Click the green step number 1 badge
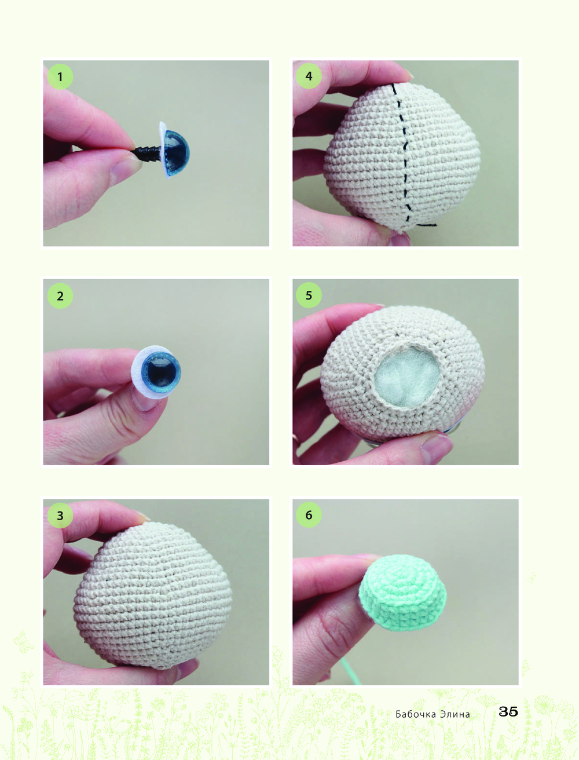tap(60, 76)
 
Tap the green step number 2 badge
tap(60, 295)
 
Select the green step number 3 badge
tap(60, 515)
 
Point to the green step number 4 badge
tap(309, 76)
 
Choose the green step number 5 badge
tap(309, 295)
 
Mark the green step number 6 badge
tap(309, 514)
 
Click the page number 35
tap(508, 711)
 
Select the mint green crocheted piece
tap(403, 593)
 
